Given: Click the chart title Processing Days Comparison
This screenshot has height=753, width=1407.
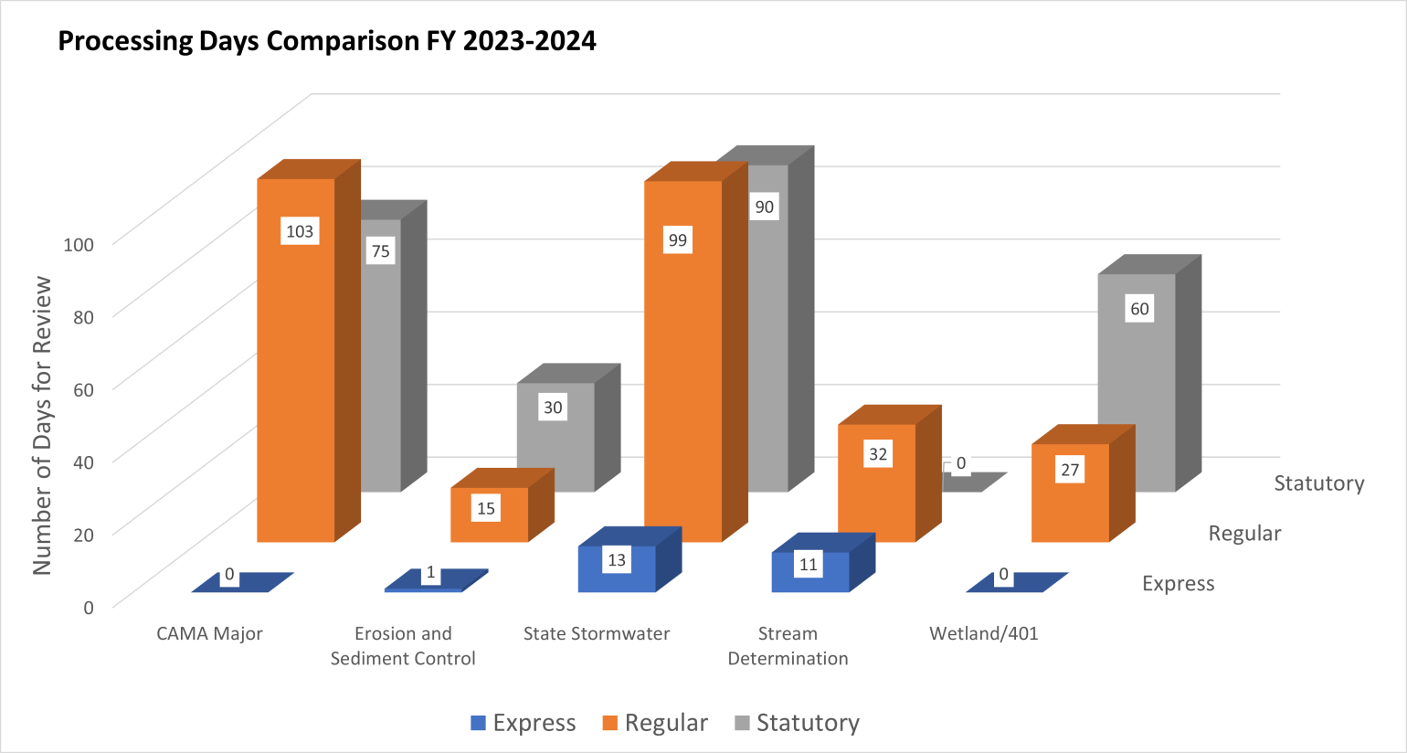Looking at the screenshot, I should tap(326, 41).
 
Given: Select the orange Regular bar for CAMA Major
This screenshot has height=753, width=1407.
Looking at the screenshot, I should tap(295, 384).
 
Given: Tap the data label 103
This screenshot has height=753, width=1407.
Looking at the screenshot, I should tap(300, 231).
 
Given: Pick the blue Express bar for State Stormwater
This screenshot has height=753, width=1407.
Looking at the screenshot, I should tap(617, 570).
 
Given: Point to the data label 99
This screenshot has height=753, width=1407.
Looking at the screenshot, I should tap(677, 240).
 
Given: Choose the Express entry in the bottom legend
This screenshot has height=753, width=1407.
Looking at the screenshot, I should tap(523, 723).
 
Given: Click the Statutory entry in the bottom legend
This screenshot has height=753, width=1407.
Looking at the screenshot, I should tap(797, 723).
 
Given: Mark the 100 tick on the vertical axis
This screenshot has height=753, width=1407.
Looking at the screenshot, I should tap(79, 244).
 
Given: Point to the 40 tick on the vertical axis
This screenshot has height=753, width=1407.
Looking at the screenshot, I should tap(83, 461).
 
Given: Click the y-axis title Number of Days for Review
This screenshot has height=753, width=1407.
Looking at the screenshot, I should tap(42, 425).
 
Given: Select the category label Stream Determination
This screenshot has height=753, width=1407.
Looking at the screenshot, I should tap(788, 645).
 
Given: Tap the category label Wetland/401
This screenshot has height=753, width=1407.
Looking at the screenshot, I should tap(983, 633).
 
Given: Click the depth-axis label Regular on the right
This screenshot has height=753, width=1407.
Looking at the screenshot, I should tap(1244, 534).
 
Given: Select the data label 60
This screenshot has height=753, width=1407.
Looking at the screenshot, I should tap(1139, 309).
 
